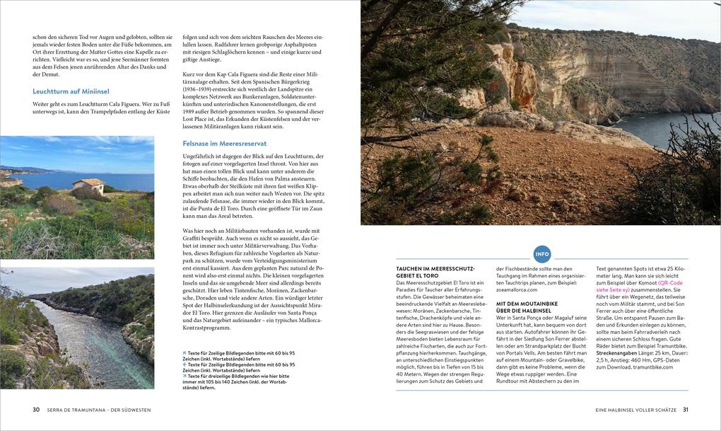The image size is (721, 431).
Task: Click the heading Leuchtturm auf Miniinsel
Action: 71,91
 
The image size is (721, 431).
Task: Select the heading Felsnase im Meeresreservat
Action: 224,143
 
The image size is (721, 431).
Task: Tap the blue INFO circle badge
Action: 541,254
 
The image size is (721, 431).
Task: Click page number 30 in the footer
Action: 36,410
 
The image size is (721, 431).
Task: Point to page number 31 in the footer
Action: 685,410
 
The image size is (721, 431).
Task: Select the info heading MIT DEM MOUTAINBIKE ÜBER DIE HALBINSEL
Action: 523,306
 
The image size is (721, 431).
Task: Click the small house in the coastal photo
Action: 88,185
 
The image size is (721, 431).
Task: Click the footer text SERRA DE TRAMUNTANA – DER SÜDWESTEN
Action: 99,410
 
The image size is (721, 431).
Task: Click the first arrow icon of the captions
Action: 184,352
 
